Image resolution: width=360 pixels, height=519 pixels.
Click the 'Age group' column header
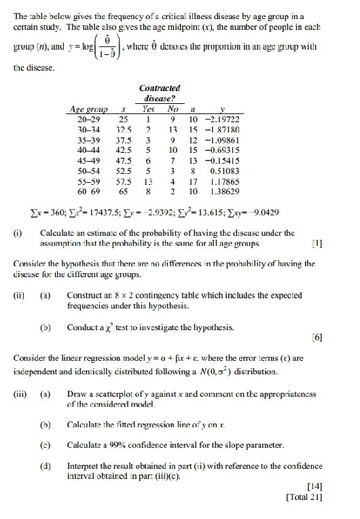(x=89, y=109)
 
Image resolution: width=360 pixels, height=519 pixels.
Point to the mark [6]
(x=314, y=337)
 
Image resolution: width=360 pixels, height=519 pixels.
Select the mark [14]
(x=313, y=487)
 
